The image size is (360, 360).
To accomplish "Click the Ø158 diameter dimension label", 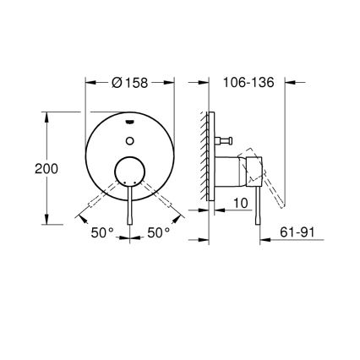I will click(x=130, y=82).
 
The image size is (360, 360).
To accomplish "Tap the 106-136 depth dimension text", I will click(x=248, y=82).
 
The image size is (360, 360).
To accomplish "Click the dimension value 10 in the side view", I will click(x=240, y=204).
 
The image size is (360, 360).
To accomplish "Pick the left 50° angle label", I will click(x=103, y=233).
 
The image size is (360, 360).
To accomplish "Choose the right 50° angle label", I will click(x=158, y=233).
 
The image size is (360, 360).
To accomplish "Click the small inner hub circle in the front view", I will click(x=130, y=172).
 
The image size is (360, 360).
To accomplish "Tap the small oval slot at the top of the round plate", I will click(x=130, y=120).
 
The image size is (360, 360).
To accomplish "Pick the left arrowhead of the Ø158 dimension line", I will click(x=90, y=82).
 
